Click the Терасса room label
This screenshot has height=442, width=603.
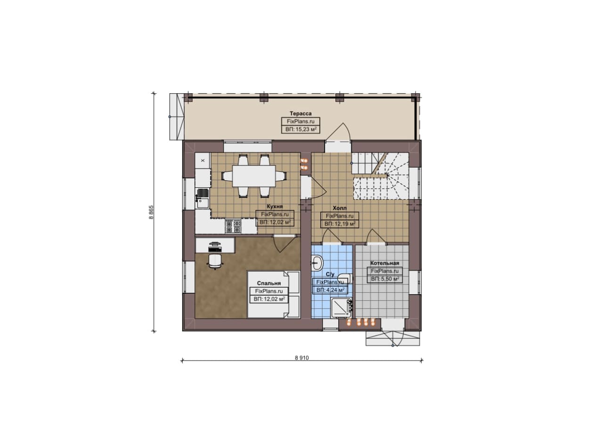[x=301, y=113]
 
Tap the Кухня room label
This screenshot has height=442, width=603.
[x=275, y=206]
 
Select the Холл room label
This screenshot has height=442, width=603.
[x=340, y=208]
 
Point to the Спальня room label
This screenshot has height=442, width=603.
[x=269, y=283]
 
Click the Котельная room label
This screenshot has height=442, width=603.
[x=385, y=263]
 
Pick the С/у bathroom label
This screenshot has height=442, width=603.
[x=330, y=274]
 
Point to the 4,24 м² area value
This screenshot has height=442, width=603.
[x=335, y=290]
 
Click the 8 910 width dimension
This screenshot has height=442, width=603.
[x=302, y=358]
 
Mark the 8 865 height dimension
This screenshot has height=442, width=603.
[x=151, y=212]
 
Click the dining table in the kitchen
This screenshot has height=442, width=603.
[x=254, y=176]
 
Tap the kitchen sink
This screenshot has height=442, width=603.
[x=203, y=199]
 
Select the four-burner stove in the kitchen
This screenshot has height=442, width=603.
[x=233, y=226]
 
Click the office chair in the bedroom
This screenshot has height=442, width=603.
[x=215, y=261]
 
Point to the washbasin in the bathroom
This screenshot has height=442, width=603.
[x=317, y=263]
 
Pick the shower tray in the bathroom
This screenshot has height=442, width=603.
[x=342, y=308]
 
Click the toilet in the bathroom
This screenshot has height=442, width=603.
[x=346, y=278]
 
